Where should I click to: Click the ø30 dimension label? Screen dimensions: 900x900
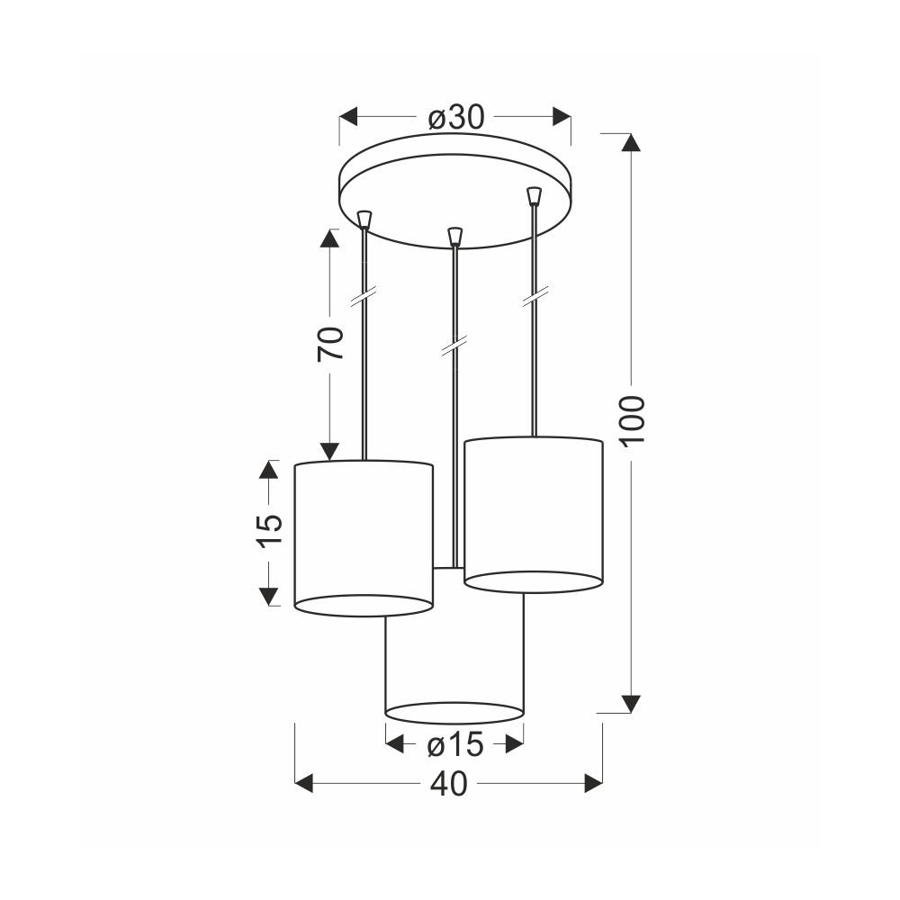(456, 118)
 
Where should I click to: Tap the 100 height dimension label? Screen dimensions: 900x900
(633, 419)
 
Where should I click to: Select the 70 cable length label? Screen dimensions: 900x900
(330, 343)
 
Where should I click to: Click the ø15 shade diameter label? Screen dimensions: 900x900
(455, 745)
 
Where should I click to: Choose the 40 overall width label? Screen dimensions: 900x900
(449, 784)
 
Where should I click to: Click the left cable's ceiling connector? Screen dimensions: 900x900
(364, 220)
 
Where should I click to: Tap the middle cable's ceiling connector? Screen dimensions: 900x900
(454, 236)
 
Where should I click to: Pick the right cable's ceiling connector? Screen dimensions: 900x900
(535, 195)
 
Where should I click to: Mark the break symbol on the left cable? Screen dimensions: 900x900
(364, 297)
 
